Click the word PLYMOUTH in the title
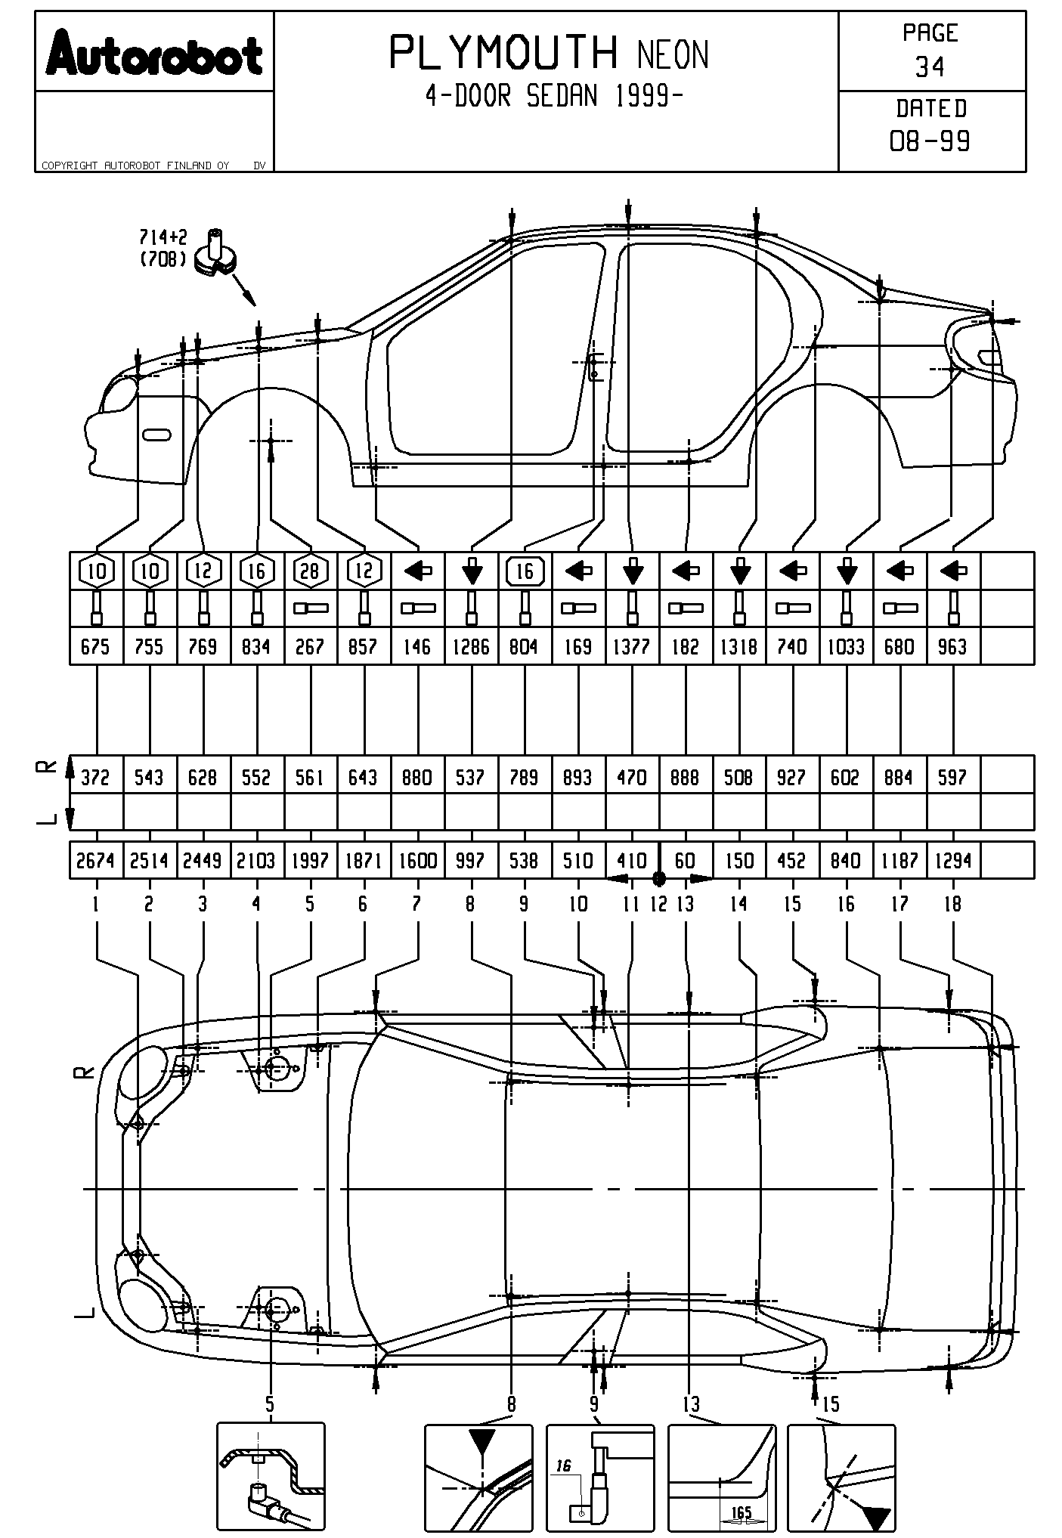tap(503, 53)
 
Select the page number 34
tap(930, 67)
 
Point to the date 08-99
tap(930, 141)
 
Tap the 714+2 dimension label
tap(163, 237)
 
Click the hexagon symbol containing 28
tap(310, 571)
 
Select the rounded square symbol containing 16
tap(525, 571)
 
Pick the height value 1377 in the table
tap(632, 647)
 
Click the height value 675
tap(95, 647)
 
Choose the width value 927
tap(791, 777)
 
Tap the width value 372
tap(95, 777)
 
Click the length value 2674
tap(95, 860)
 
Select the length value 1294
tap(952, 860)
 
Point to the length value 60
tap(685, 860)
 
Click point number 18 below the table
tap(952, 903)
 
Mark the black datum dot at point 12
tap(658, 878)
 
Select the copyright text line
tap(136, 166)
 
